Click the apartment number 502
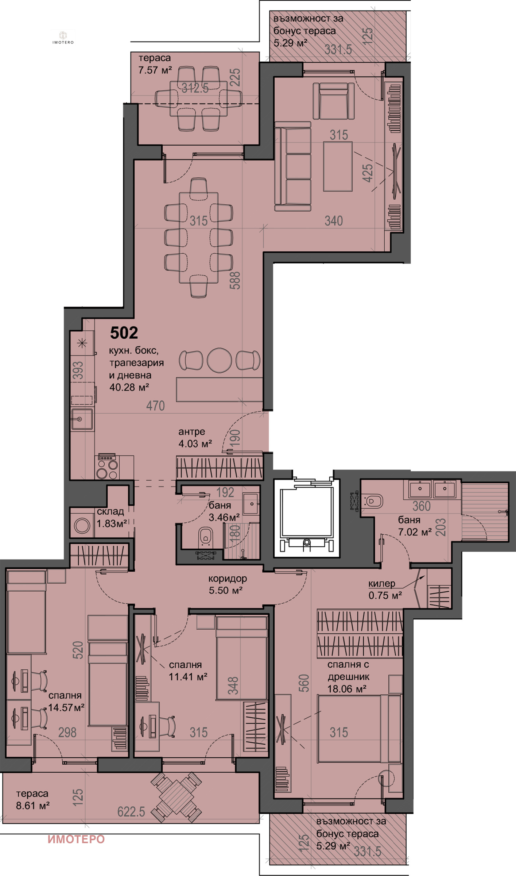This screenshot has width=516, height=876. [x=124, y=333]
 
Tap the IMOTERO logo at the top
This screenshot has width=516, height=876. [x=63, y=37]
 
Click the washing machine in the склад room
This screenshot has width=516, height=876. [x=82, y=526]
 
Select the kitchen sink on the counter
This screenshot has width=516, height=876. [x=82, y=419]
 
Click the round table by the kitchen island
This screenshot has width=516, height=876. [x=220, y=360]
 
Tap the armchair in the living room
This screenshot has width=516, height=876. [x=334, y=101]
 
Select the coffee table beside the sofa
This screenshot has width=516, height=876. [x=338, y=166]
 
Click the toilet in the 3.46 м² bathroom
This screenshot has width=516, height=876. [x=206, y=537]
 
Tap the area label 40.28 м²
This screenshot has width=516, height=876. [x=129, y=387]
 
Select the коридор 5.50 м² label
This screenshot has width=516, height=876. [x=227, y=584]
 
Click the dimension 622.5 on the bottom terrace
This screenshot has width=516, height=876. [x=131, y=812]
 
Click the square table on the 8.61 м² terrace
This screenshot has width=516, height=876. [x=176, y=792]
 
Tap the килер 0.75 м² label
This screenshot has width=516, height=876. [x=385, y=589]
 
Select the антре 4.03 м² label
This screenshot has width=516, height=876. [x=195, y=438]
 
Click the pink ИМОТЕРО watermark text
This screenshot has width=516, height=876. [x=76, y=839]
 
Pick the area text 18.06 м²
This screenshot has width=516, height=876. [x=347, y=689]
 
